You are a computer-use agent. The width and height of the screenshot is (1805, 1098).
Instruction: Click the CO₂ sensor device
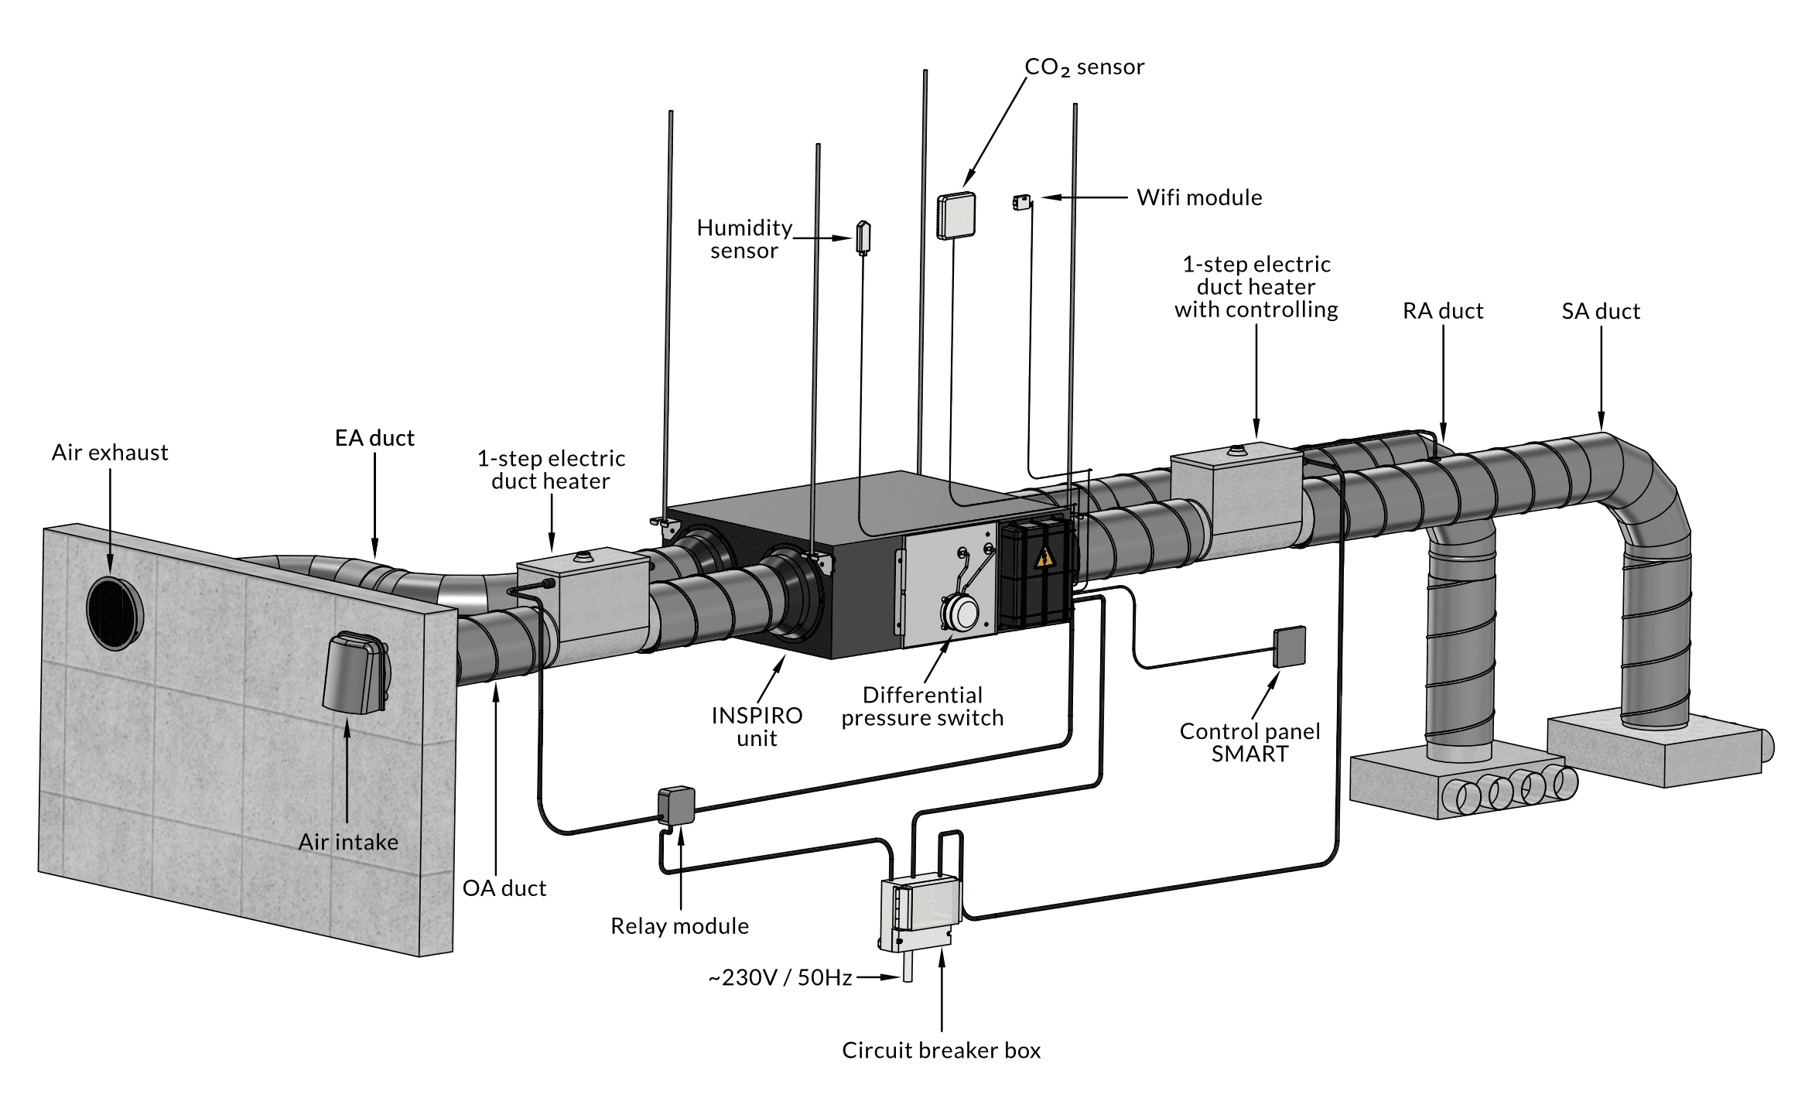click(956, 216)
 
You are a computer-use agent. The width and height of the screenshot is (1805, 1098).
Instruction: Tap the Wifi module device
click(1021, 203)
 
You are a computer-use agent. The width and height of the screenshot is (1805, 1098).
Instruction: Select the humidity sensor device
click(863, 238)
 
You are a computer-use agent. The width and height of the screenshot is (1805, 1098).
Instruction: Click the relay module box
click(676, 806)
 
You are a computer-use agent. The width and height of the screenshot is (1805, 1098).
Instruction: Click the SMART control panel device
click(1290, 646)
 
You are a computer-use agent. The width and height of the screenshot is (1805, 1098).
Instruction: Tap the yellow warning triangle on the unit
click(1044, 557)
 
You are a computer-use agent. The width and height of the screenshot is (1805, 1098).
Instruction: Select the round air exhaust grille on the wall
click(115, 612)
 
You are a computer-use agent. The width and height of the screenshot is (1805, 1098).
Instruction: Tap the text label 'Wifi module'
click(1199, 197)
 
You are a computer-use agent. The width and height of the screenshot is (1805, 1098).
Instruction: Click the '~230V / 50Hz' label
click(780, 978)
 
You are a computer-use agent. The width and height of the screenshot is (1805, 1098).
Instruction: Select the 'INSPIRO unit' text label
click(757, 727)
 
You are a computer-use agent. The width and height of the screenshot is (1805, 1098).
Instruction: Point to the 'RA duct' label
click(1443, 311)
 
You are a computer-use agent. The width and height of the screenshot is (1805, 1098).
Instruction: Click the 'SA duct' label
click(1601, 311)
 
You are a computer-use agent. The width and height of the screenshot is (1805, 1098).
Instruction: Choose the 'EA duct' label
click(374, 438)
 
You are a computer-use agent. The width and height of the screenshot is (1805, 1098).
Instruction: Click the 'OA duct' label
click(504, 888)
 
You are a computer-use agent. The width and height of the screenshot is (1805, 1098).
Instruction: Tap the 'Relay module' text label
click(679, 926)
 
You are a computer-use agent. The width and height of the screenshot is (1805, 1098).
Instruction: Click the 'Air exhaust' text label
click(110, 453)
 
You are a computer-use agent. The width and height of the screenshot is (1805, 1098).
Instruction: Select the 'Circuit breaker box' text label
click(941, 1051)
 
